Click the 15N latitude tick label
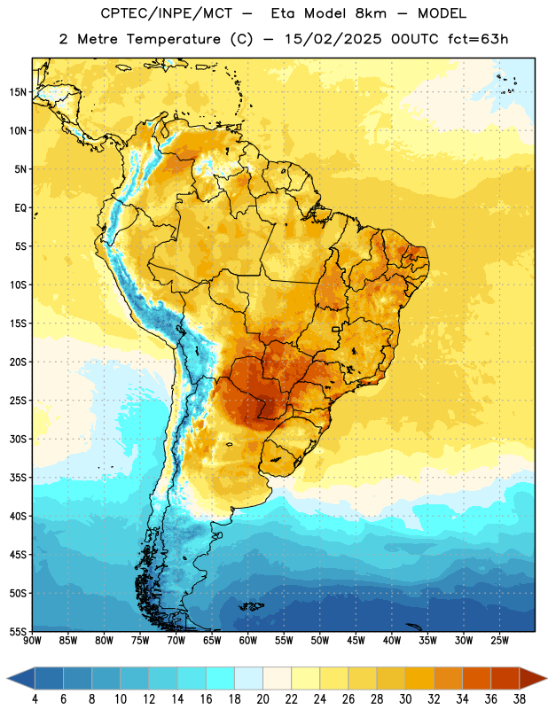click(x=18, y=92)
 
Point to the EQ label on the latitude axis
click(x=20, y=208)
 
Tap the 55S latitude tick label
click(x=18, y=631)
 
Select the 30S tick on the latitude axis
click(x=18, y=439)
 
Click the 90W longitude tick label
click(x=32, y=641)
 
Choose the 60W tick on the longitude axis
click(x=248, y=641)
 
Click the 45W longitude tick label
click(x=356, y=641)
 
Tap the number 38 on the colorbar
click(x=520, y=699)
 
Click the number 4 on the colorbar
click(x=35, y=699)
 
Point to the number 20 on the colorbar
click(x=262, y=699)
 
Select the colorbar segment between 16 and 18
click(x=221, y=678)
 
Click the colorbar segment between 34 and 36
click(x=476, y=678)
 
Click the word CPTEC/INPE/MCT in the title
click(x=166, y=13)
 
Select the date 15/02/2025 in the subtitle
click(x=333, y=39)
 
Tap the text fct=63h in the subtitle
click(x=478, y=39)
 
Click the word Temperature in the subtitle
click(x=173, y=39)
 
